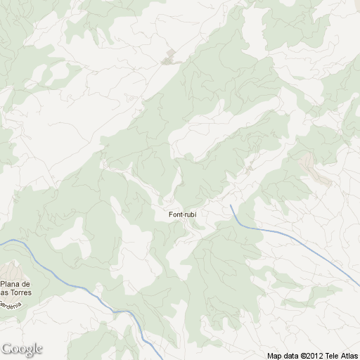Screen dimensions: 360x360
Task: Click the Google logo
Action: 22,349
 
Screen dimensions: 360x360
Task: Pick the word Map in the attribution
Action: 274,356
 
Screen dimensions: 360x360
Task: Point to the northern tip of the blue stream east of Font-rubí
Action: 231,205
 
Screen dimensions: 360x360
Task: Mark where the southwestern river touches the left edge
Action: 1,241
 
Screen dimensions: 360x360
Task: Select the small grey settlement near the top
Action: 169,58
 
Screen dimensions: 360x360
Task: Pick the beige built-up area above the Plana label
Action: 10,270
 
